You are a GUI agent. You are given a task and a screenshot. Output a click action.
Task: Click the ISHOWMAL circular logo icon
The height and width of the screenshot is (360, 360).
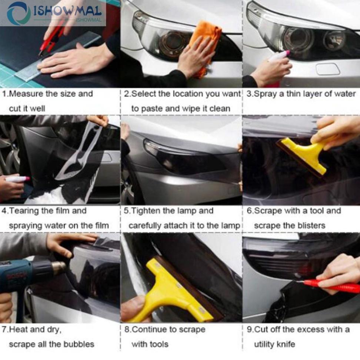pyautogui.click(x=19, y=13)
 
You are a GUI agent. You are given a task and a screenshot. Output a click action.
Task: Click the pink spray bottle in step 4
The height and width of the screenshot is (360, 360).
pyautogui.click(x=17, y=179)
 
